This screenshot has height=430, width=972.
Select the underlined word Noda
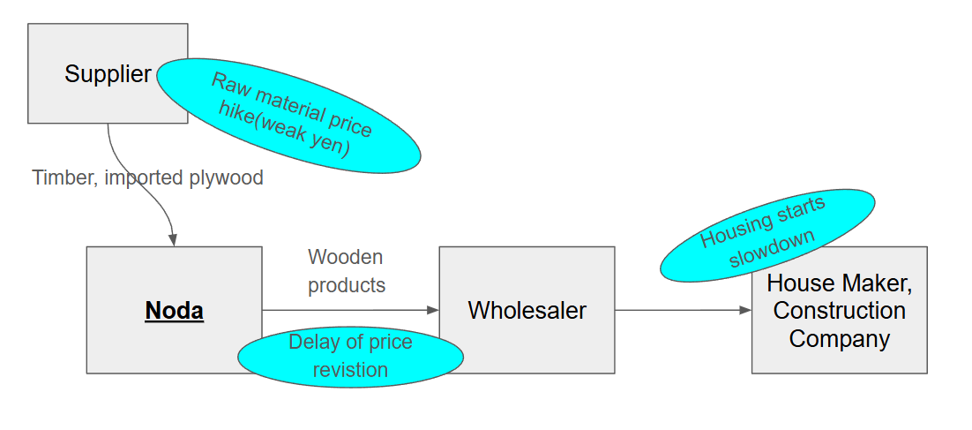175,311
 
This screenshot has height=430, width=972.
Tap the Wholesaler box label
527,311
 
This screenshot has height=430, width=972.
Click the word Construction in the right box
839,311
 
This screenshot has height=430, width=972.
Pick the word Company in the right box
839,338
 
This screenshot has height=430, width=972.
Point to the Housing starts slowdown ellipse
767,234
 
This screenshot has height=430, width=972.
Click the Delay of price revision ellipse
350,355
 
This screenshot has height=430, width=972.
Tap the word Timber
64,177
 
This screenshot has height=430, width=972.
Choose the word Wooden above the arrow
345,257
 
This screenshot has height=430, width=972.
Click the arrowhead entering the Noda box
173,240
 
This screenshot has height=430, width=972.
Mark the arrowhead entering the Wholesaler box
433,310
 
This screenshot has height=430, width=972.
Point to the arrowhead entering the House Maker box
745,310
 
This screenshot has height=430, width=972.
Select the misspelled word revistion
350,369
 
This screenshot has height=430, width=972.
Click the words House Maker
839,283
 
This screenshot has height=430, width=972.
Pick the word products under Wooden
347,285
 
